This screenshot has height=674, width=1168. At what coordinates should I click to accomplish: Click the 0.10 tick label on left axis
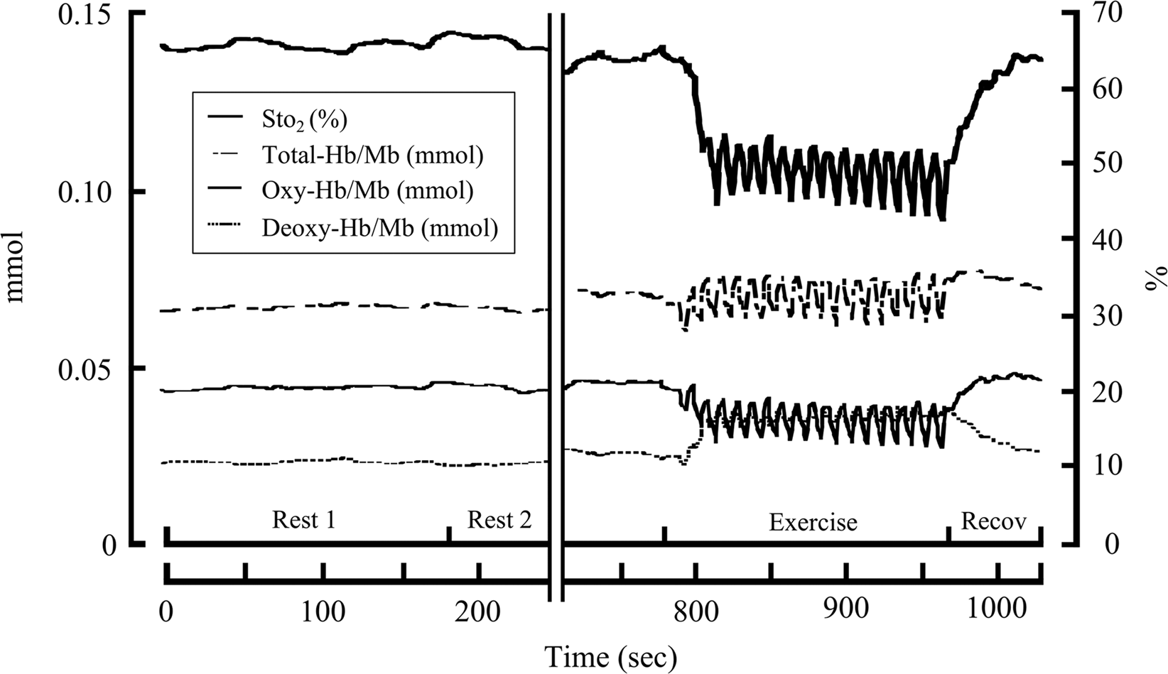pos(79,192)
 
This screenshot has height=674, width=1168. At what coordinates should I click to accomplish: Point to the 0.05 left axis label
pos(79,368)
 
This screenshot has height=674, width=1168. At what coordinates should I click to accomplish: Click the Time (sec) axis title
pos(610,656)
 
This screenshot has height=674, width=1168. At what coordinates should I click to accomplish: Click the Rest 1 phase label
pos(303,521)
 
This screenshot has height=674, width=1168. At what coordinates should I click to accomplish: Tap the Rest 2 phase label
pos(499,521)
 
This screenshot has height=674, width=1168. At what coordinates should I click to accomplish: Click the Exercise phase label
pos(813,523)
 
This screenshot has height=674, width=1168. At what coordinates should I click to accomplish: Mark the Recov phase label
pos(993,521)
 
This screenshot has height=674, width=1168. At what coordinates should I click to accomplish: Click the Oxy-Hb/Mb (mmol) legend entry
pos(367,191)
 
